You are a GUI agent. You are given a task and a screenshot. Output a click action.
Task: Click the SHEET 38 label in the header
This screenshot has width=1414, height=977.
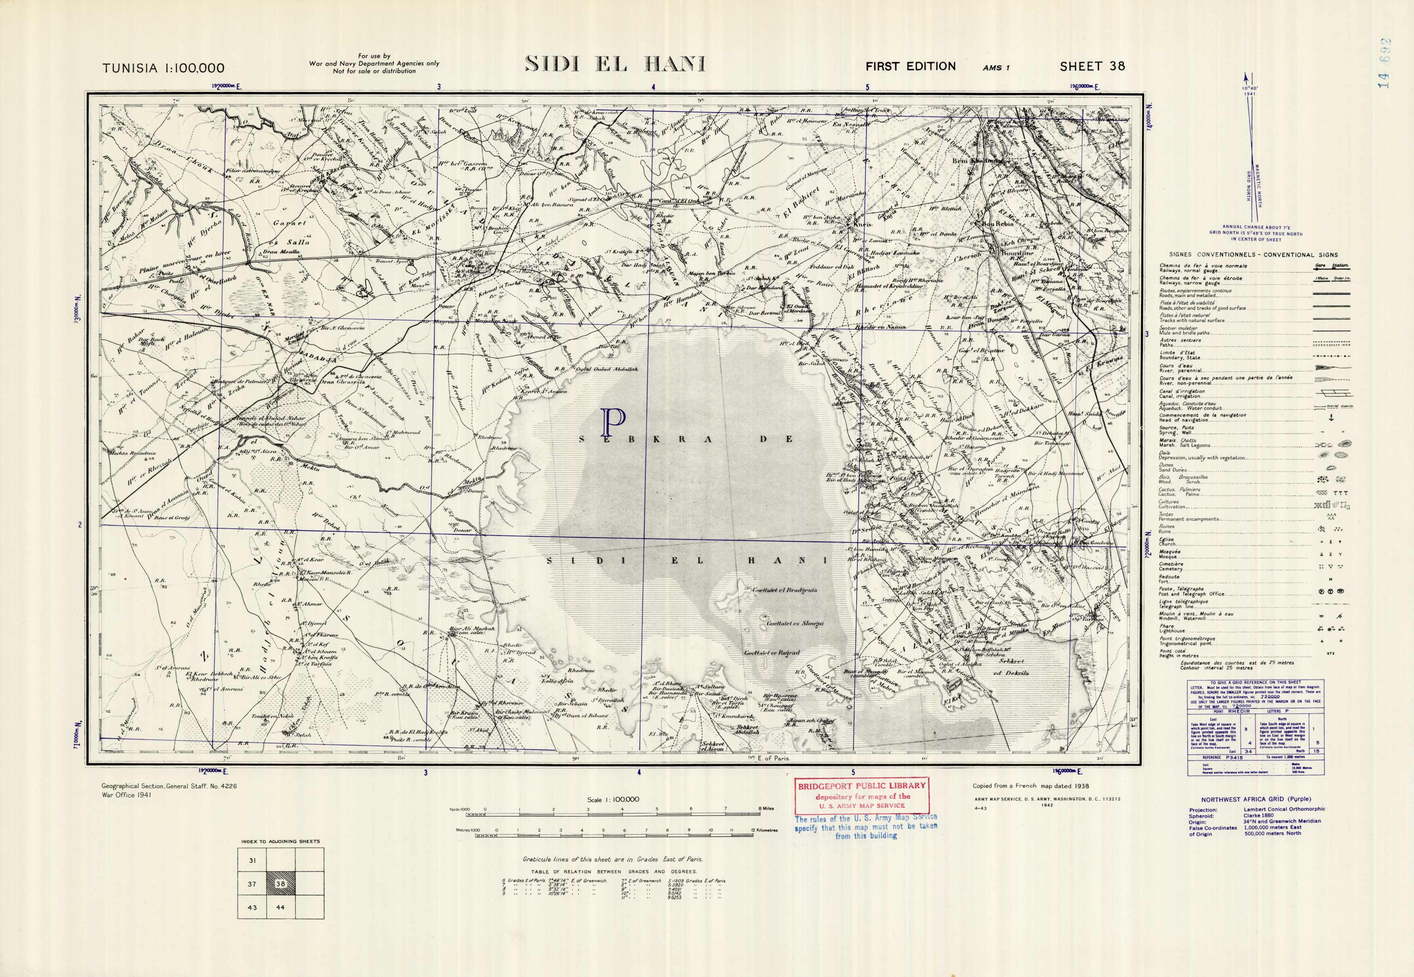point(1092,66)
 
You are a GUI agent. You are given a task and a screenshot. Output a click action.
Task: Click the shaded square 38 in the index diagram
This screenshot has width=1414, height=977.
point(280,884)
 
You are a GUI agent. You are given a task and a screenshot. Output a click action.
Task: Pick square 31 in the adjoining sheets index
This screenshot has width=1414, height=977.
point(253,861)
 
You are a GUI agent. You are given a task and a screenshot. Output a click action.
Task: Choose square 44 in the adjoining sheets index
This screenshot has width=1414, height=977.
point(280,907)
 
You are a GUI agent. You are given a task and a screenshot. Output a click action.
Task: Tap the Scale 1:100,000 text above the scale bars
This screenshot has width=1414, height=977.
point(613,799)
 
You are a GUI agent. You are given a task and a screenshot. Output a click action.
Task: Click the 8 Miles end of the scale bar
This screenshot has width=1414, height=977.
point(766,809)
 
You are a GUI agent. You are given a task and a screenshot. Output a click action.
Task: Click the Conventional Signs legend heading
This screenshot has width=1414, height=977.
point(1249,255)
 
